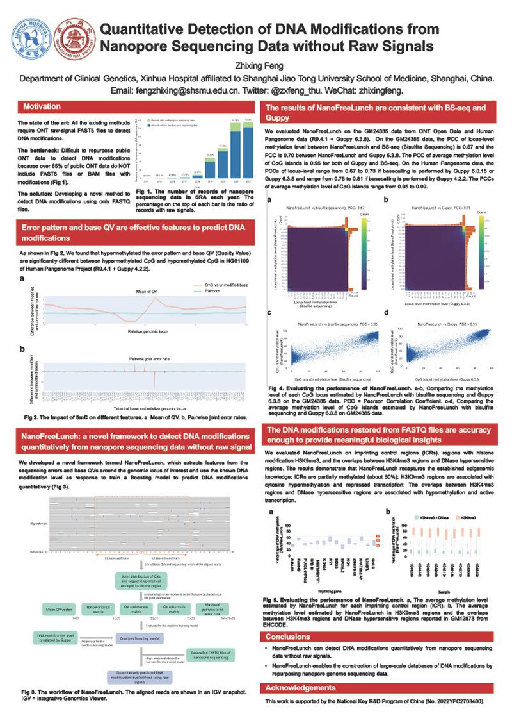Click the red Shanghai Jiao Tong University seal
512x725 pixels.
click(71, 38)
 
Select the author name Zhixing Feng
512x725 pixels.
click(256, 65)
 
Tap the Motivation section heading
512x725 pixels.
click(42, 106)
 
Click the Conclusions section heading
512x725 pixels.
click(288, 637)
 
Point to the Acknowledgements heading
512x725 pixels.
click(300, 688)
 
